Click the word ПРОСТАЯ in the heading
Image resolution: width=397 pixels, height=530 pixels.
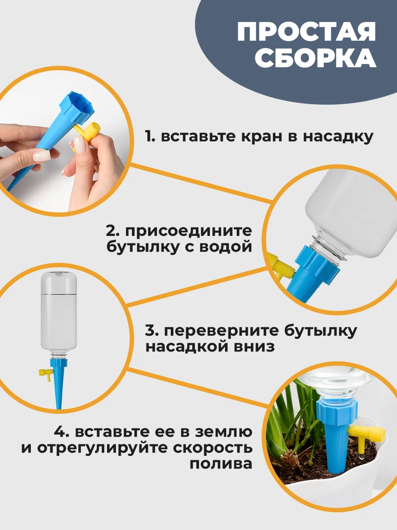click(x=306, y=32)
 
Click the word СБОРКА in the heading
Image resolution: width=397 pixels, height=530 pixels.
click(x=316, y=58)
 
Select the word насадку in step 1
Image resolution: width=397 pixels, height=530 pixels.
click(x=338, y=137)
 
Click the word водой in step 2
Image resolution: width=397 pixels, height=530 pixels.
click(x=225, y=247)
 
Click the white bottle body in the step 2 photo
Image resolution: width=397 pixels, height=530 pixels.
click(x=352, y=215)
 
